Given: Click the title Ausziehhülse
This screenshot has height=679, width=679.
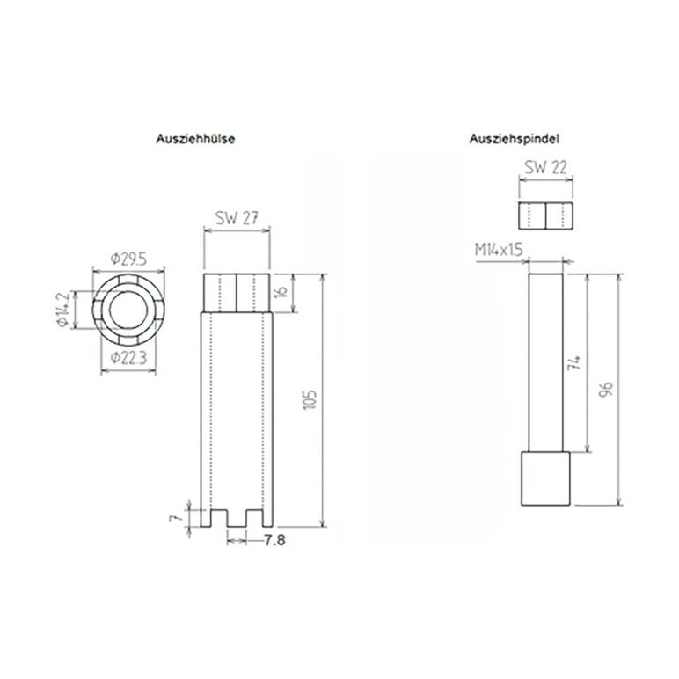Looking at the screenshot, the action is [x=195, y=139].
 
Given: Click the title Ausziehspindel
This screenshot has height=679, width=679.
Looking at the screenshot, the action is [x=514, y=139].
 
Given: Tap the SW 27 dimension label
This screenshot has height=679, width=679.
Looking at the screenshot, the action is [x=237, y=218].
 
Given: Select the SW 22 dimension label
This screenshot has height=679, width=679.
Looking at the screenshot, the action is [x=545, y=167].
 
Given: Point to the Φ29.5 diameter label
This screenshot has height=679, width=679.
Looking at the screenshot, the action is [x=128, y=259].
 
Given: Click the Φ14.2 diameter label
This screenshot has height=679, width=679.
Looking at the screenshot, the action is [x=63, y=310].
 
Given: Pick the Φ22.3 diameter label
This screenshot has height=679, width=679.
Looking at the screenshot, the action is [x=128, y=358].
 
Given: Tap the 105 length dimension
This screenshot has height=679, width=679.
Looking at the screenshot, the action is [x=311, y=400].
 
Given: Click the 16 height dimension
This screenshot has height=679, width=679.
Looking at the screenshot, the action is [x=282, y=291].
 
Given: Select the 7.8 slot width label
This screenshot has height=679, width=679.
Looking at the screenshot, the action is [x=274, y=540].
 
